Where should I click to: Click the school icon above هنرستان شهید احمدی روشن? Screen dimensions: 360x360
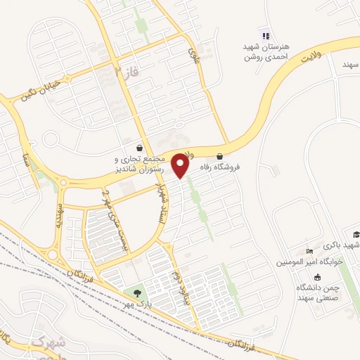[x=265, y=36]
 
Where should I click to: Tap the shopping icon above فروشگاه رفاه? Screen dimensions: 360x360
[x=220, y=156]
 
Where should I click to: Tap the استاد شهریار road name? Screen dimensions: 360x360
[x=161, y=192]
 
